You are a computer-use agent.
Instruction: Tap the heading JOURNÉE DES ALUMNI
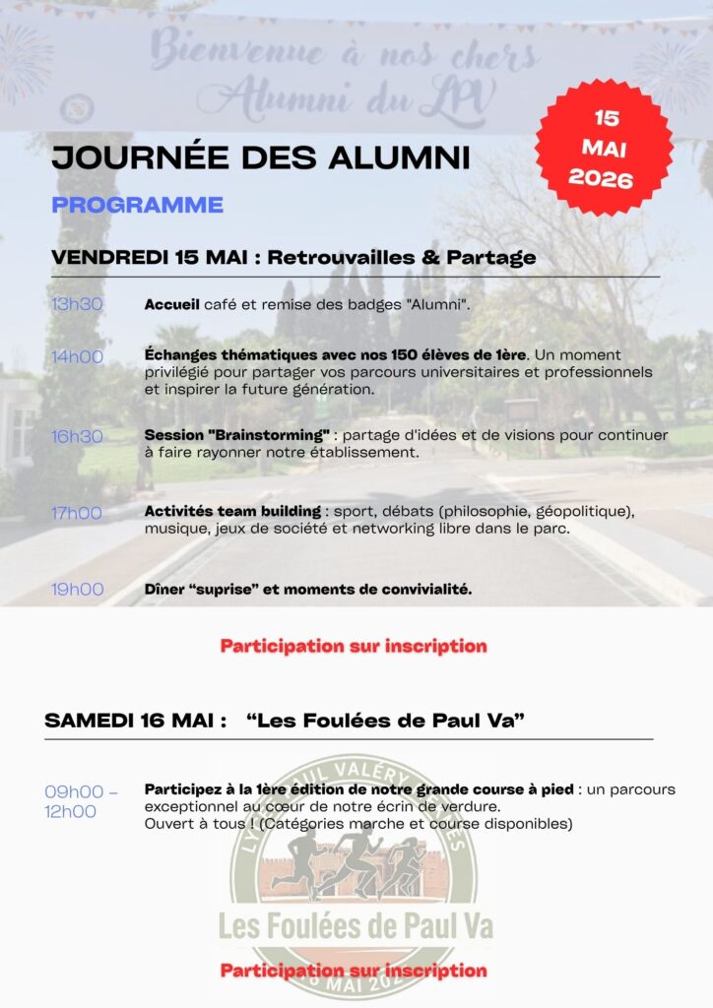260,157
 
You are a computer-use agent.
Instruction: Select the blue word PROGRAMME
137,205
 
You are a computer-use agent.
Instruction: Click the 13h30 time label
77,304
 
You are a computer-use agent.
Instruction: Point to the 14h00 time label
77,356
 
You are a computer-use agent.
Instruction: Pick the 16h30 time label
77,436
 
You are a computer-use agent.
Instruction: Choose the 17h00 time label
77,512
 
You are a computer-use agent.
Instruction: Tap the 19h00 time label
77,590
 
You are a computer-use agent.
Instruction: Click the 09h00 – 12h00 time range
81,801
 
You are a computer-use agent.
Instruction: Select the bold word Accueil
171,304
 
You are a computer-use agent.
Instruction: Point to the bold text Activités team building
232,512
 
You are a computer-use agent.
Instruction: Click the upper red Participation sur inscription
354,647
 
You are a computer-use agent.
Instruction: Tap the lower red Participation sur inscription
354,971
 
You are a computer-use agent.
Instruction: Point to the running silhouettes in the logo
351,863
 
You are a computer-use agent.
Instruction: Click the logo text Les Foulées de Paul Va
356,926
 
